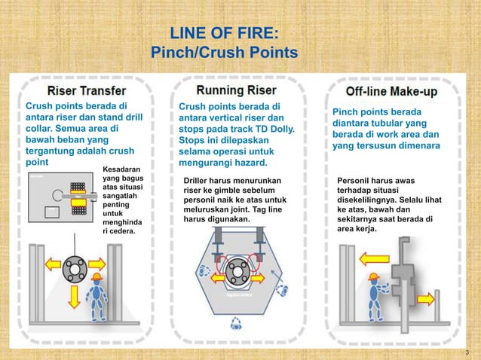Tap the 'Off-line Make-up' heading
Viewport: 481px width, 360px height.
click(x=391, y=91)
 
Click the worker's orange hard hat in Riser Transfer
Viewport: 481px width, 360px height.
click(x=96, y=276)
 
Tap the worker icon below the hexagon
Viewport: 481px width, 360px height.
click(x=237, y=323)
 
